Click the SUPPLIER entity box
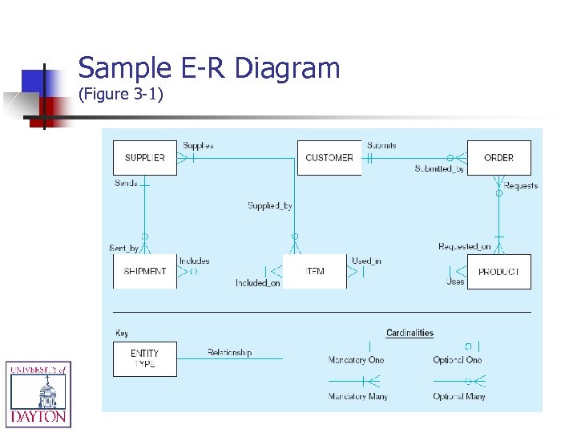(x=144, y=158)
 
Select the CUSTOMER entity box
(x=329, y=158)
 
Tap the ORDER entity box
(x=498, y=158)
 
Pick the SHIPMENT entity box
(x=144, y=272)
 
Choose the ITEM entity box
(x=315, y=272)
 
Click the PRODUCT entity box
(x=498, y=272)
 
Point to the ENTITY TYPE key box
(x=144, y=358)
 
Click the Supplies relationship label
(x=198, y=146)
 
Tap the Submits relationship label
(x=381, y=146)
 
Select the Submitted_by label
(x=439, y=169)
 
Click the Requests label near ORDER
(x=521, y=186)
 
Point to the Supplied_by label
(x=269, y=206)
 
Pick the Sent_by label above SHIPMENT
(x=123, y=248)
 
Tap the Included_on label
(x=257, y=283)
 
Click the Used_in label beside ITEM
(x=366, y=261)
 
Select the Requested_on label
(x=464, y=247)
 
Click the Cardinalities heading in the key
(x=410, y=333)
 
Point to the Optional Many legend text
(x=459, y=396)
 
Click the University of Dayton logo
(x=38, y=393)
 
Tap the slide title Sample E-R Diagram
(x=209, y=68)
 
